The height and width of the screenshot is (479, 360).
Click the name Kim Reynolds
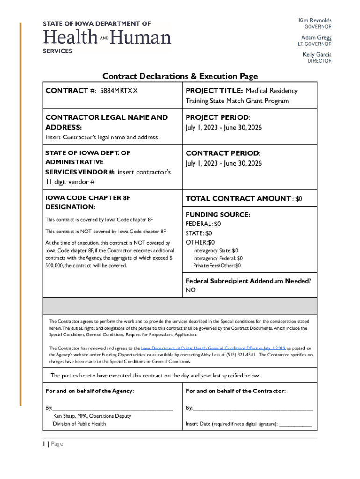315,21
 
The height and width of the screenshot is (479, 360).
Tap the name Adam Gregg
316,37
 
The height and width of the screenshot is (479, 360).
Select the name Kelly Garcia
317,54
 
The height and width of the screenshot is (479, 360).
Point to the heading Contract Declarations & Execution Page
180,76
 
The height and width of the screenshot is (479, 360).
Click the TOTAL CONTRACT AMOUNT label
238,199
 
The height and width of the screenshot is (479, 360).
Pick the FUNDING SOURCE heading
218,215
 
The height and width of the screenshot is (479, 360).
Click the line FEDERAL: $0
203,224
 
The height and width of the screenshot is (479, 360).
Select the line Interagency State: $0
215,251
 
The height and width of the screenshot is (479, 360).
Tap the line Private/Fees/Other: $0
217,266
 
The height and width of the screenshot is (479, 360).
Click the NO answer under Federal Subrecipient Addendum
191,290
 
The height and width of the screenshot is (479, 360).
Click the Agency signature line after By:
112,408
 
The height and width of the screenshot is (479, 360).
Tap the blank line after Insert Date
295,424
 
